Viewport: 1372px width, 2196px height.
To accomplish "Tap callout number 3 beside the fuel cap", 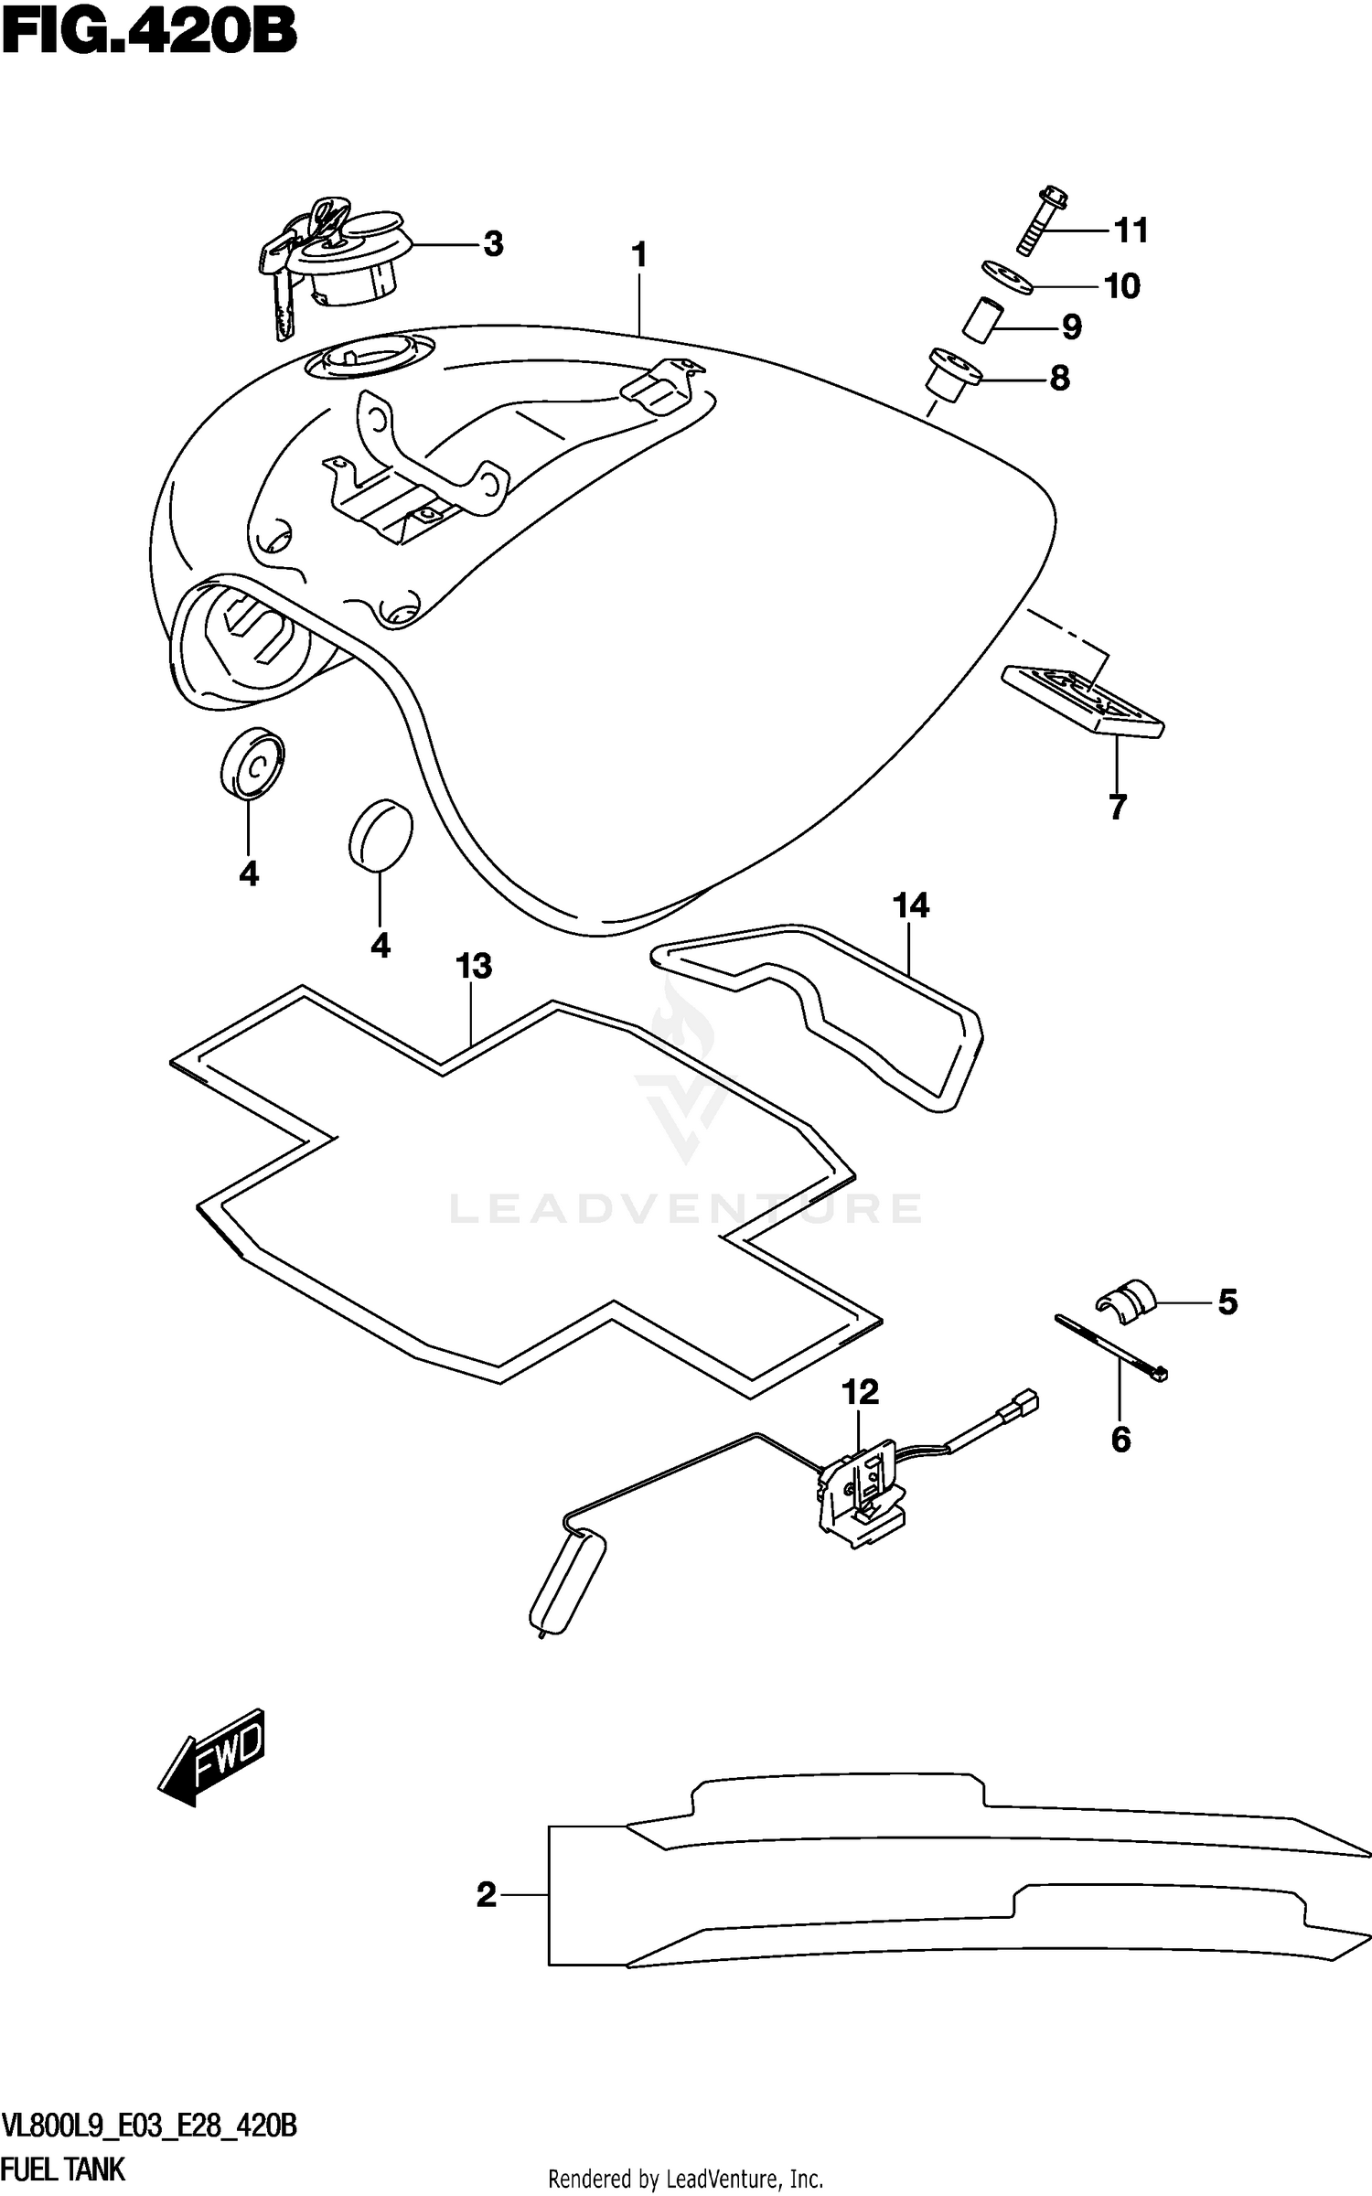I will [493, 244].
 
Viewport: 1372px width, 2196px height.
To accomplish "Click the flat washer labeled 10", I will [1008, 277].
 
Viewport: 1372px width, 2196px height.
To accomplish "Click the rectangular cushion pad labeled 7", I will [1084, 701].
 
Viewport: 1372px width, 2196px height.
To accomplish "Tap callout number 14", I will [911, 905].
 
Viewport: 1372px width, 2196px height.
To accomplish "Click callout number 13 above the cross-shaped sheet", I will [474, 966].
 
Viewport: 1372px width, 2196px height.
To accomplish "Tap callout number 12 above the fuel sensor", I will [860, 1392].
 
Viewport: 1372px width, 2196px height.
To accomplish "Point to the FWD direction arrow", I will [213, 1755].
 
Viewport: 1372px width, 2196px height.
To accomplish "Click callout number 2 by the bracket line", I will [486, 1894].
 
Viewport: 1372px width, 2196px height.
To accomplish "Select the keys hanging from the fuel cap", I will [279, 279].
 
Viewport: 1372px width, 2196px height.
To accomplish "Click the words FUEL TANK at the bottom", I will [64, 2169].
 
